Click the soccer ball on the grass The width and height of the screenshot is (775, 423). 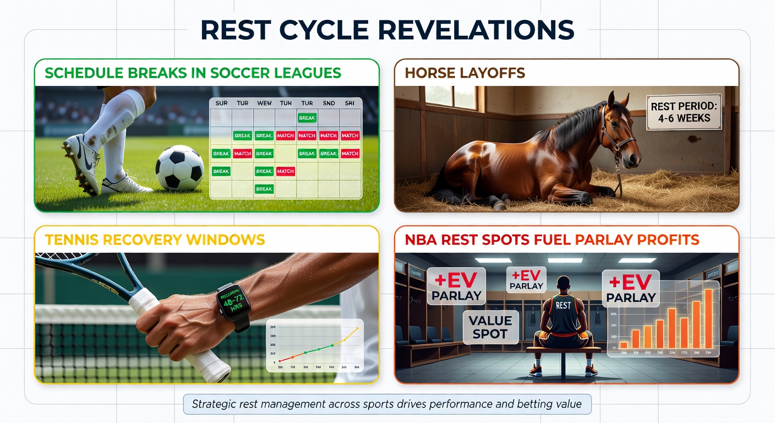179,167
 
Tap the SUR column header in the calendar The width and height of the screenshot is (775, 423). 221,103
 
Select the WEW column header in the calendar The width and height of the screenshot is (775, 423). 264,103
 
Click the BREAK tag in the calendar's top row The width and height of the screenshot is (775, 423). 307,117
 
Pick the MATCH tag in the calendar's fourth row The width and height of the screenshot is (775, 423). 285,171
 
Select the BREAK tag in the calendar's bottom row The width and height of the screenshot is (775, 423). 264,189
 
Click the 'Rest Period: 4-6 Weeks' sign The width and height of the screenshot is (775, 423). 684,112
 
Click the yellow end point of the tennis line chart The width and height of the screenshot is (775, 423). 357,329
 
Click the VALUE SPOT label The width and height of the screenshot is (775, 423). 490,327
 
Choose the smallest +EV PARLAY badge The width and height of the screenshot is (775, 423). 526,279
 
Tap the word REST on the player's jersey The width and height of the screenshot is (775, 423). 564,304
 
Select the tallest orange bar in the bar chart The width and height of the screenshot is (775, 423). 708,319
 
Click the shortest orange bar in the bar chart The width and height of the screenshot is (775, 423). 624,345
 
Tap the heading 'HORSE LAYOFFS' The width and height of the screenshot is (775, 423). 465,73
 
